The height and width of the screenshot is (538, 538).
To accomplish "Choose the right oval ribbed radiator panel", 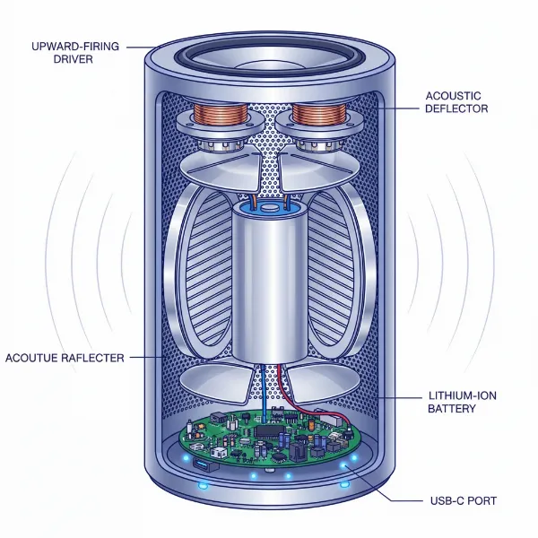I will coord(332,269).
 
